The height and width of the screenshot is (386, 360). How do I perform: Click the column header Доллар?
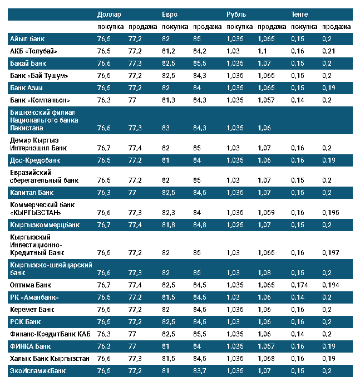[109, 14]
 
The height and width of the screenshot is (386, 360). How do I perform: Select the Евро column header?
[170, 14]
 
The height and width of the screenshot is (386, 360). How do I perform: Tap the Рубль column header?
[236, 14]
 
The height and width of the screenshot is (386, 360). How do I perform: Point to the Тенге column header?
[299, 14]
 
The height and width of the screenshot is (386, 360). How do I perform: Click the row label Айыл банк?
[27, 39]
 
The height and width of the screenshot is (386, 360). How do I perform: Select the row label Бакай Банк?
[29, 63]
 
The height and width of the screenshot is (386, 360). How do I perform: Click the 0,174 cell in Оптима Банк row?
[299, 285]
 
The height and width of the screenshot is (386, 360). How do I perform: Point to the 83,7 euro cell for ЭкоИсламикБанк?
[200, 370]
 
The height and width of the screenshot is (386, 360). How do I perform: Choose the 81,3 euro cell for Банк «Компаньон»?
[168, 100]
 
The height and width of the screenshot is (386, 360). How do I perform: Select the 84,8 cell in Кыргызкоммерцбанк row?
[200, 226]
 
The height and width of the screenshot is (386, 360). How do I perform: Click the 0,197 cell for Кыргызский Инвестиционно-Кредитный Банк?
[330, 253]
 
